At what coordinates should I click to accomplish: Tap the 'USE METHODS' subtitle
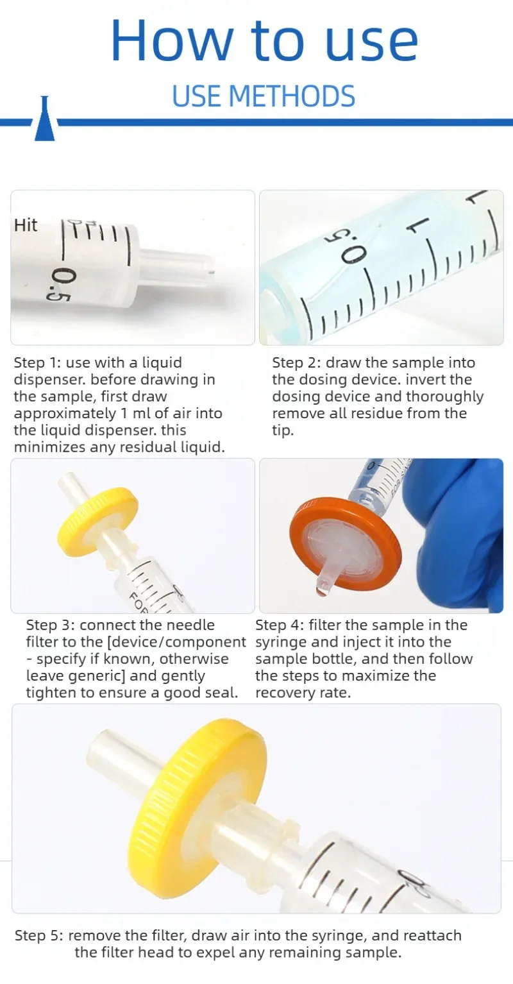(264, 96)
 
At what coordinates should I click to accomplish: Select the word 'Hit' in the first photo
(26, 225)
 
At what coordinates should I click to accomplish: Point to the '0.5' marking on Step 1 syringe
(58, 285)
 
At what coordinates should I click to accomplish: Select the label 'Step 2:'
(296, 363)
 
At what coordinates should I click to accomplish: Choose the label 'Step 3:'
(51, 625)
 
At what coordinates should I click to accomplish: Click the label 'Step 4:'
(280, 625)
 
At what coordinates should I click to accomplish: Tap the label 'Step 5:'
(39, 936)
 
